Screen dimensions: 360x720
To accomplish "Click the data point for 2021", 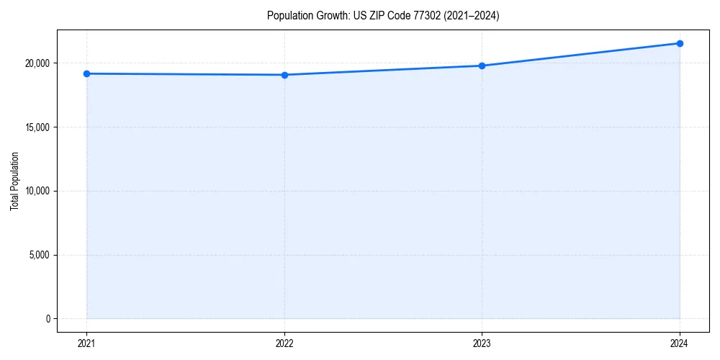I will pyautogui.click(x=86, y=73).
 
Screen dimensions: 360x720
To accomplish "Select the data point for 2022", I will pyautogui.click(x=284, y=75).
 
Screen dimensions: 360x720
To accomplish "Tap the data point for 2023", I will pyautogui.click(x=482, y=66).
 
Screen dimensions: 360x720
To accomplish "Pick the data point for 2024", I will pyautogui.click(x=680, y=43).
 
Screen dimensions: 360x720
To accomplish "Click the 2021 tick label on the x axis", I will pyautogui.click(x=86, y=343).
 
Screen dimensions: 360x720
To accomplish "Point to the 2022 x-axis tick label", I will pyautogui.click(x=284, y=343).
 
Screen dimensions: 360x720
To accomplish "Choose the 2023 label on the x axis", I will pyautogui.click(x=482, y=343).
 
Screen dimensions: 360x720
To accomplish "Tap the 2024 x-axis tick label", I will pyautogui.click(x=680, y=343).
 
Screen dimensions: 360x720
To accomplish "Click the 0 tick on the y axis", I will pyautogui.click(x=48, y=319).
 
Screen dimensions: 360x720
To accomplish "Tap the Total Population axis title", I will pyautogui.click(x=14, y=181).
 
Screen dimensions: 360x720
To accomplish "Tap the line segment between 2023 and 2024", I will pyautogui.click(x=580, y=55).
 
